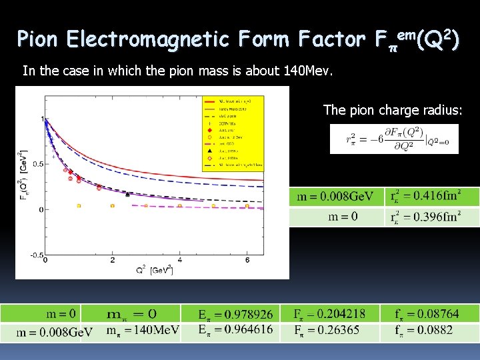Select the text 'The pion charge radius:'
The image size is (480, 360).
coord(391,109)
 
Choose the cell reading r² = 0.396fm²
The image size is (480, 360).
coord(431,217)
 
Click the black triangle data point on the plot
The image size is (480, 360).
coord(127,194)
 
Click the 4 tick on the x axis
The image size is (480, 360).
coord(180,260)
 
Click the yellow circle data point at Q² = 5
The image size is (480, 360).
coord(213,206)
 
